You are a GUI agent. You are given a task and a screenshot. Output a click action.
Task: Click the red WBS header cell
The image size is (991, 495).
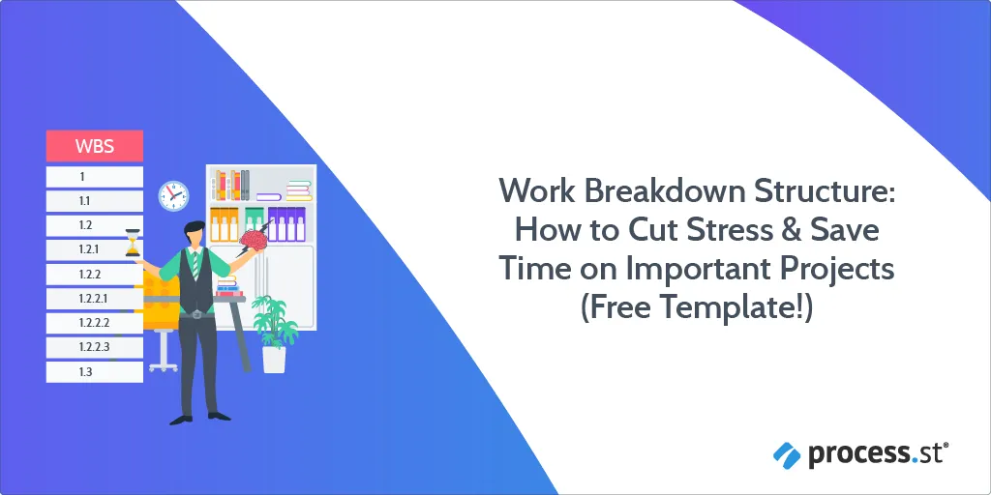[95, 146]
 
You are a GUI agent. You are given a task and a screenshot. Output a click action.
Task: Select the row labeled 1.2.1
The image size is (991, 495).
[95, 249]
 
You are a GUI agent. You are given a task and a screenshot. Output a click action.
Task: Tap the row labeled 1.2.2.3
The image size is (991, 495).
[95, 347]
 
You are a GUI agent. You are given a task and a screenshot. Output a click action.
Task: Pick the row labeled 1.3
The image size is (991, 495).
[95, 372]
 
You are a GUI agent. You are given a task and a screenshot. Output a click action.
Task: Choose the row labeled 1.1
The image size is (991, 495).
[95, 201]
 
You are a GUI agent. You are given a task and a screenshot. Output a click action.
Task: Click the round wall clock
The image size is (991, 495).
[173, 195]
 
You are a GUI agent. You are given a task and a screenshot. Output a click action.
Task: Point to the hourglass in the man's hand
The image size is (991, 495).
[133, 243]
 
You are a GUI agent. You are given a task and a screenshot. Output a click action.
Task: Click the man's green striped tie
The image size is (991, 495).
[195, 264]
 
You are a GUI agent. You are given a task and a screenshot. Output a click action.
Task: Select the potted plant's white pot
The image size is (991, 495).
[274, 360]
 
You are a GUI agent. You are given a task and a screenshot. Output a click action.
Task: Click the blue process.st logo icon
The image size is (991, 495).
[787, 455]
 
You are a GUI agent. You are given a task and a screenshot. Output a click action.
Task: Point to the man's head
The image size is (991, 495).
[195, 233]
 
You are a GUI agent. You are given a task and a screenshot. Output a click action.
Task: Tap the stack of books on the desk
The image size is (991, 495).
[228, 286]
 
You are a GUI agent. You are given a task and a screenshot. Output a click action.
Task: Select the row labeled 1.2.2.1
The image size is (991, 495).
[95, 299]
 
